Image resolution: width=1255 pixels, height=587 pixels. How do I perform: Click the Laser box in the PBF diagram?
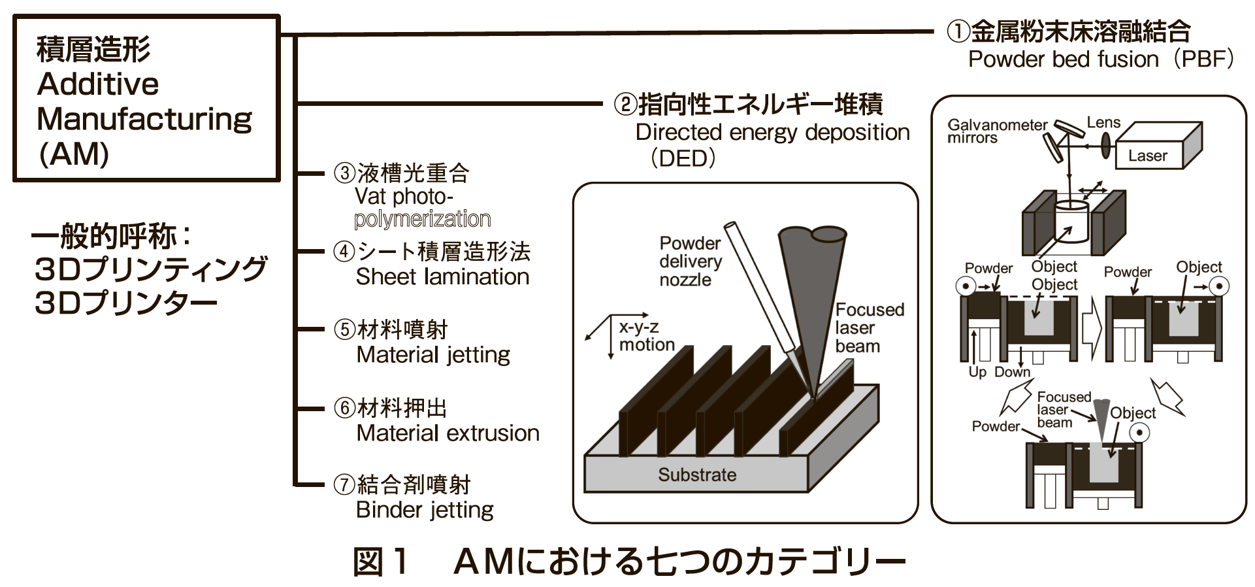click(1148, 155)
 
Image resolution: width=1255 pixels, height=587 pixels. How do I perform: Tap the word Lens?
click(1103, 122)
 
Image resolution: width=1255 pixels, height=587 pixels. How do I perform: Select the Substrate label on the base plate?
click(697, 475)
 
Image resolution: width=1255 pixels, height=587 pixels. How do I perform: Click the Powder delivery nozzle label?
click(690, 261)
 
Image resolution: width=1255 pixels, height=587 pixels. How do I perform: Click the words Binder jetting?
click(425, 510)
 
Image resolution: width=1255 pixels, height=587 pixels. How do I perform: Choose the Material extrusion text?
click(448, 433)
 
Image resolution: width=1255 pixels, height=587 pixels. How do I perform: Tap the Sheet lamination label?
click(442, 277)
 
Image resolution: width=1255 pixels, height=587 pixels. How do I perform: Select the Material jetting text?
click(433, 355)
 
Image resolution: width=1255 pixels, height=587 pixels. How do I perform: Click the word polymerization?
click(422, 219)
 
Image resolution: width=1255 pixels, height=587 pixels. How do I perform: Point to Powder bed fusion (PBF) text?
click(1100, 59)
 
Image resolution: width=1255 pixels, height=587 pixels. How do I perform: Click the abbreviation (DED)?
click(683, 158)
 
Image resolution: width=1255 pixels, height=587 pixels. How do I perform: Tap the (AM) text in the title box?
click(74, 154)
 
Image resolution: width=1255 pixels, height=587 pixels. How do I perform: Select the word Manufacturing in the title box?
click(144, 119)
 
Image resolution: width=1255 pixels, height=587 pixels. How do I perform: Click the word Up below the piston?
click(977, 372)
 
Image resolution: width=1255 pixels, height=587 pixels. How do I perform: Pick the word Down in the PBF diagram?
click(1012, 372)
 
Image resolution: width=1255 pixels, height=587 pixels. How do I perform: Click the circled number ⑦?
click(344, 484)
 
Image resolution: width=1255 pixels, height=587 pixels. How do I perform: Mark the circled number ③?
click(344, 173)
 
